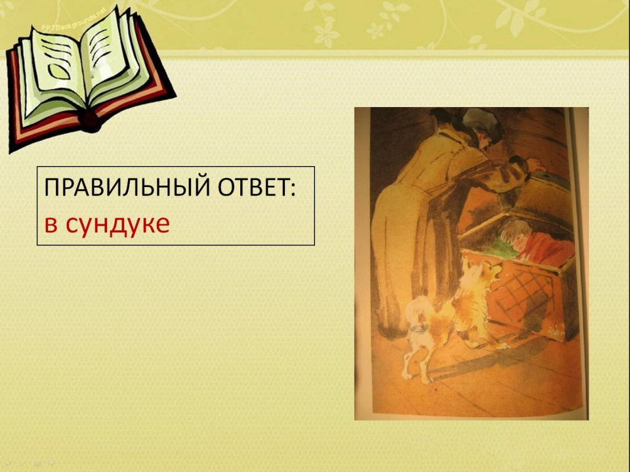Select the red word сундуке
(x=117, y=225)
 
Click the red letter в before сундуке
(x=51, y=225)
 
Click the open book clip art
(x=89, y=76)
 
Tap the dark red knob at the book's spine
(x=90, y=121)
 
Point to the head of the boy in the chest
(x=516, y=233)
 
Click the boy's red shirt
(x=547, y=249)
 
